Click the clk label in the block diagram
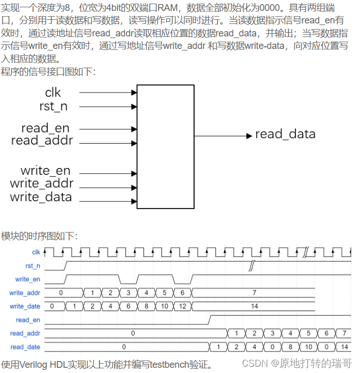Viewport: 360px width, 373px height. click(53, 93)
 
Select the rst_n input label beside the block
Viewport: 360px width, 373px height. click(53, 107)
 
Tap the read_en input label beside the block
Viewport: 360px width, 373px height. click(45, 128)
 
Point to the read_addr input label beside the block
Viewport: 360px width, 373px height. click(42, 140)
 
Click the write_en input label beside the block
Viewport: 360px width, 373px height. click(45, 171)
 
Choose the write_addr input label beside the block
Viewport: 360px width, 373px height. click(42, 184)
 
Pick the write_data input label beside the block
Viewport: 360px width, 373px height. click(41, 197)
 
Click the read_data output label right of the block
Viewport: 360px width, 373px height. click(285, 134)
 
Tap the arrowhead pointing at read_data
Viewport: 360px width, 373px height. click(249, 136)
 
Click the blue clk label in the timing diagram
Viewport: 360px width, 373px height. click(36, 252)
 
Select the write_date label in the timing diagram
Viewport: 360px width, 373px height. click(24, 306)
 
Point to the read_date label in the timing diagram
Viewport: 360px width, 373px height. click(25, 347)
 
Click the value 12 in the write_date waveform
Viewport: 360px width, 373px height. click(182, 306)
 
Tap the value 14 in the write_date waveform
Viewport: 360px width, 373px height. click(254, 306)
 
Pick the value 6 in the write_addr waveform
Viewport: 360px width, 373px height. click(182, 293)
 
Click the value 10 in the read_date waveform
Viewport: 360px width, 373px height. click(308, 347)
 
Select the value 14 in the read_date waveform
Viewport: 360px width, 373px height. click(344, 347)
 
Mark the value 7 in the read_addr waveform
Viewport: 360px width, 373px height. click(344, 333)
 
